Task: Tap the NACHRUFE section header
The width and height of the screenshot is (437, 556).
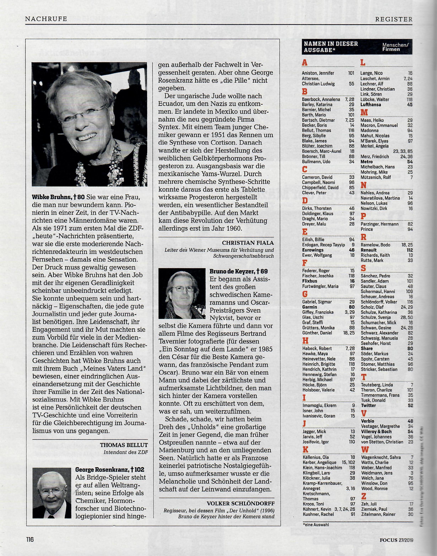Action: (46, 19)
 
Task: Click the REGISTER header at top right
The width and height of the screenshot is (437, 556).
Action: (394, 19)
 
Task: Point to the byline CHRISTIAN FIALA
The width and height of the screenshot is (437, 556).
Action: (248, 243)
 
